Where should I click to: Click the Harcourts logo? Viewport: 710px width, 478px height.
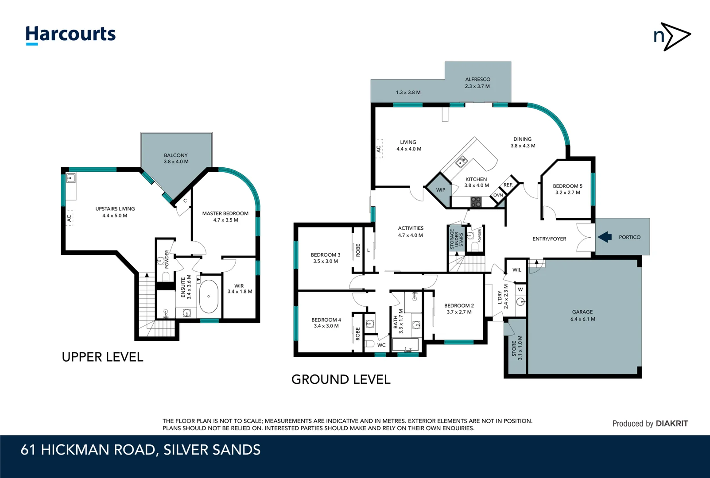(x=70, y=35)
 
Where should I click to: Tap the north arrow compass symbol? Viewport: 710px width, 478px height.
(x=671, y=36)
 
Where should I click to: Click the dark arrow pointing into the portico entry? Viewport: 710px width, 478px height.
(x=605, y=237)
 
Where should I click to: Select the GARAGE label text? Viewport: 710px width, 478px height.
(x=582, y=312)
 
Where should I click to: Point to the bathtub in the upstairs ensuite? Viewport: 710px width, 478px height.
(x=208, y=296)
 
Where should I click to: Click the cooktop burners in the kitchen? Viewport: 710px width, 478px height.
(x=476, y=202)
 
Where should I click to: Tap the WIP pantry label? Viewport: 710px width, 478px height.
(x=441, y=190)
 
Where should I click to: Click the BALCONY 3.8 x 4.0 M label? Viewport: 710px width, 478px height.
(x=176, y=158)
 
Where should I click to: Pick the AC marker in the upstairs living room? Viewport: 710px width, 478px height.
(x=69, y=218)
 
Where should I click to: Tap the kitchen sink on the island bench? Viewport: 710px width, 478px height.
(x=462, y=162)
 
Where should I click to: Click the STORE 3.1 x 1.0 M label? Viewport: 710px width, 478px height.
(x=517, y=347)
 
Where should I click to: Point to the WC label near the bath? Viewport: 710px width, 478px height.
(x=381, y=345)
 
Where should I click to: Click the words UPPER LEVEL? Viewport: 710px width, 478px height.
(x=102, y=357)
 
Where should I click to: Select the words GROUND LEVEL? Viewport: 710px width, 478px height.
(x=341, y=379)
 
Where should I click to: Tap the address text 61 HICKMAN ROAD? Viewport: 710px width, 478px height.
(x=89, y=450)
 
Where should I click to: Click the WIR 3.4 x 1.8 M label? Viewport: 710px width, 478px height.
(x=240, y=289)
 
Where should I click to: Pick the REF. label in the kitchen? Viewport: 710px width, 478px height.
(x=508, y=185)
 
